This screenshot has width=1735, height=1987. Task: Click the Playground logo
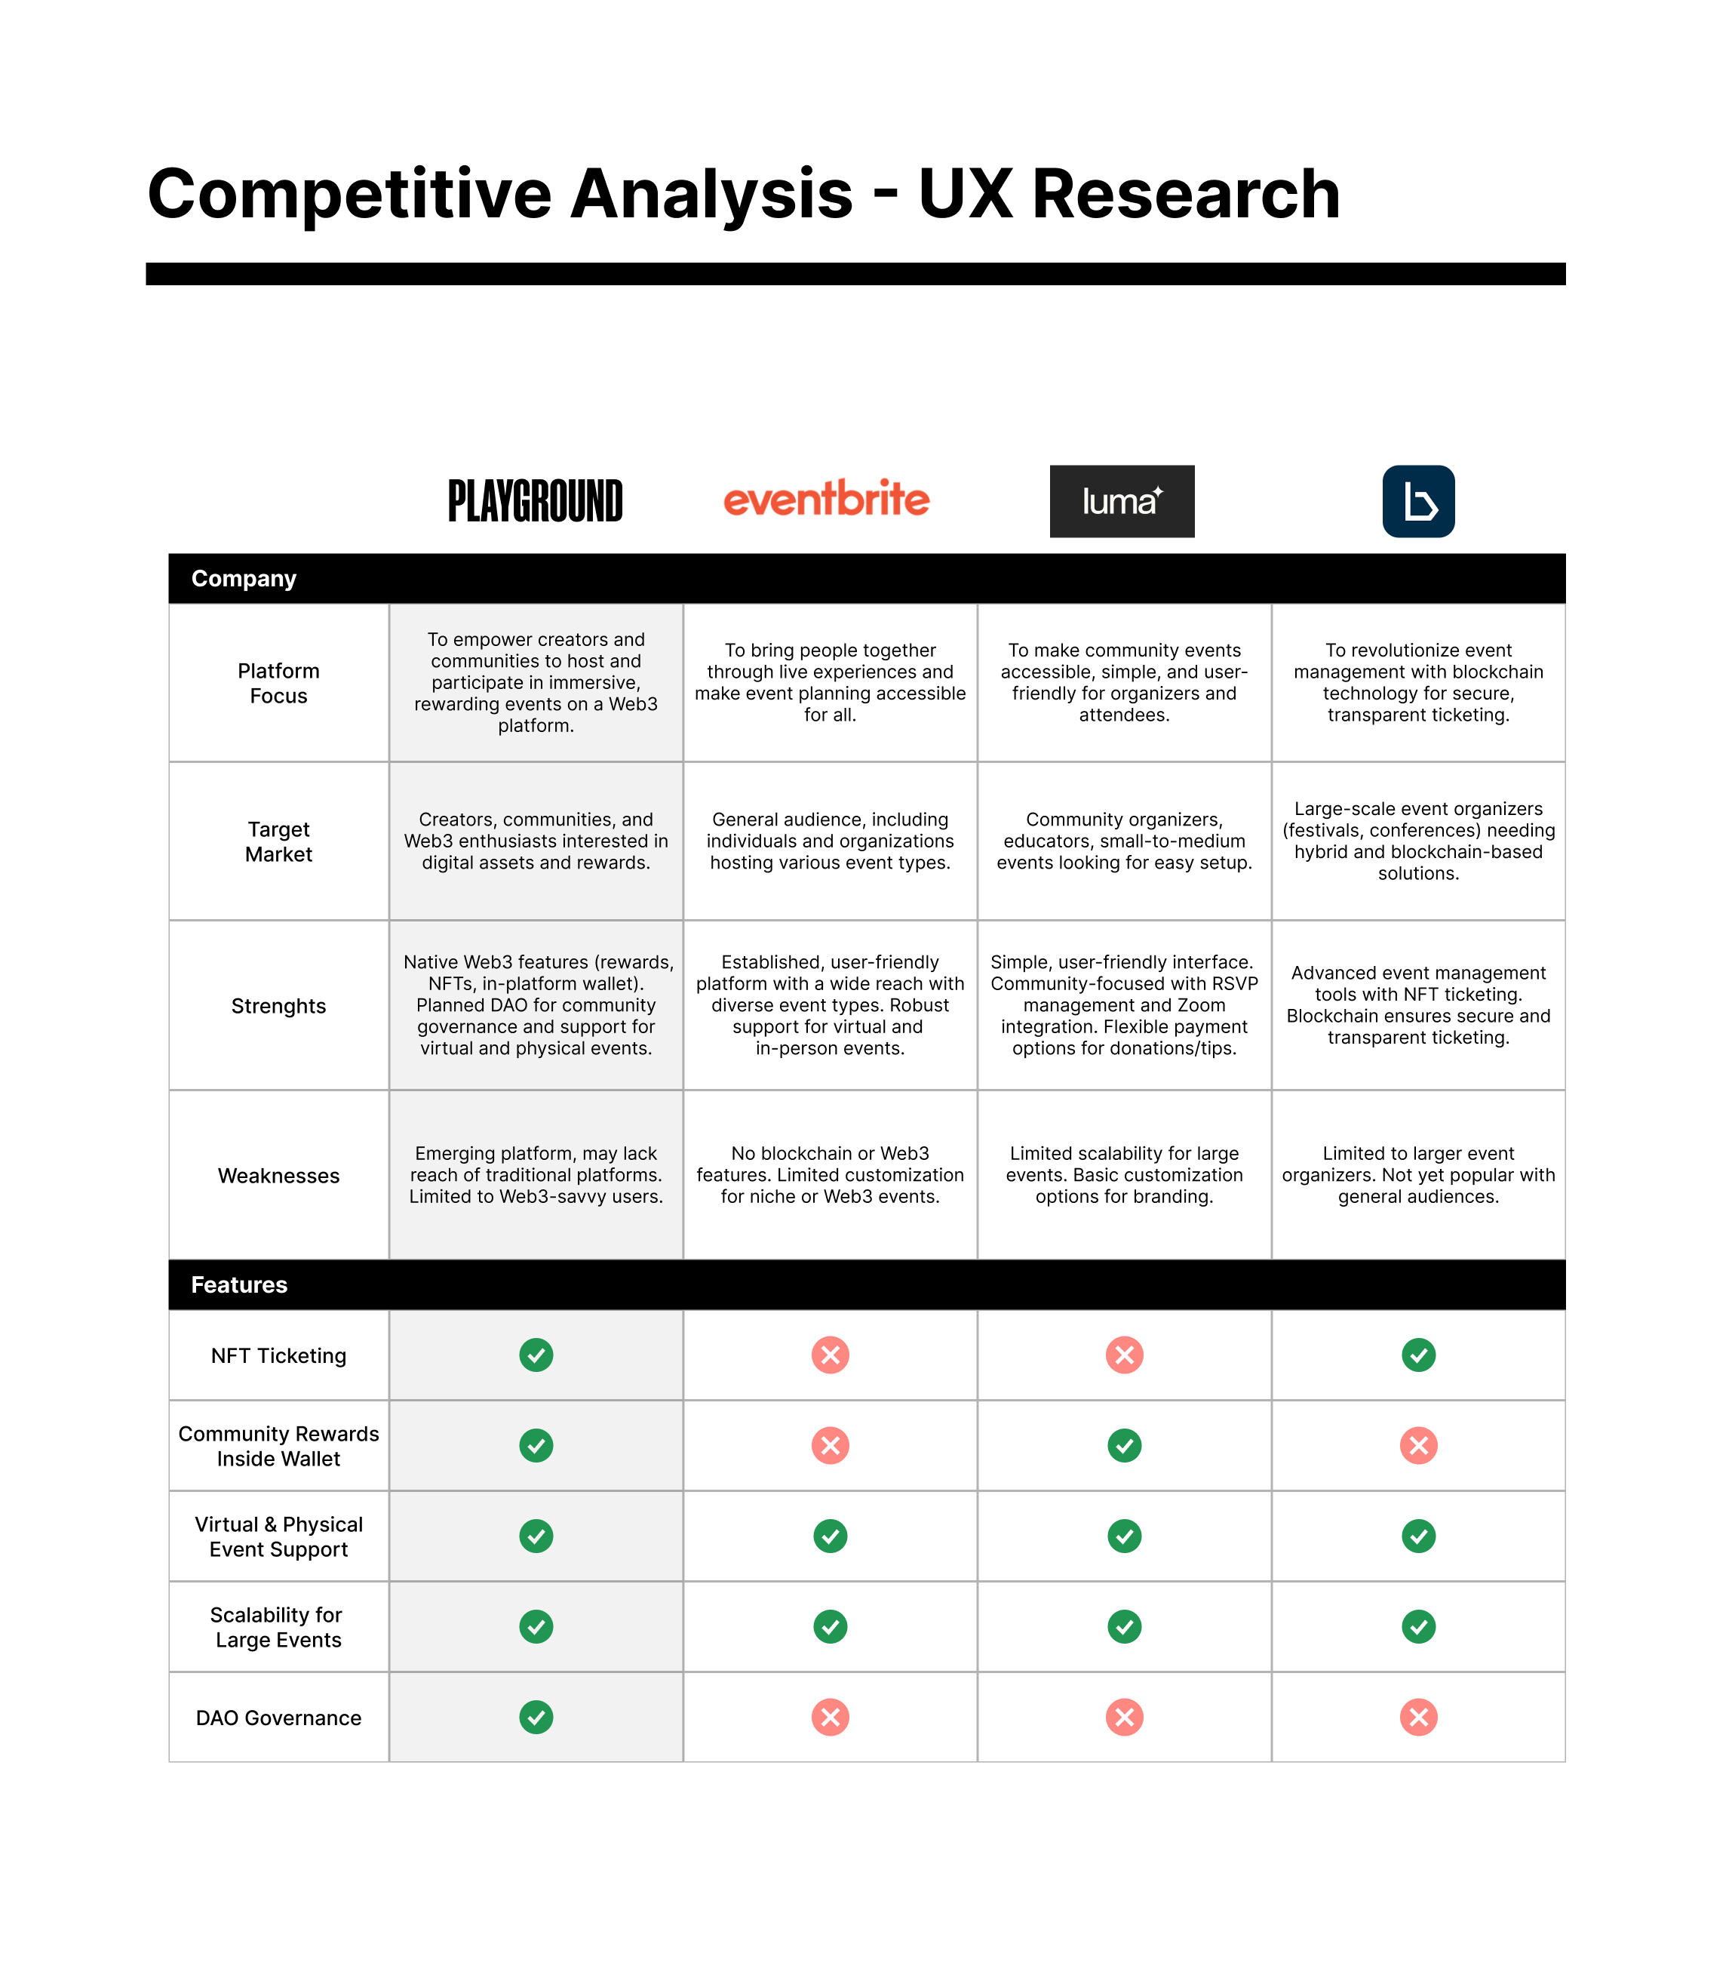coord(536,500)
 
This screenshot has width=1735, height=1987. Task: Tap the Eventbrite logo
coord(827,499)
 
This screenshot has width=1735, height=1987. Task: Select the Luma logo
coord(1122,502)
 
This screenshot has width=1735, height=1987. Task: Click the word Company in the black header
coord(244,579)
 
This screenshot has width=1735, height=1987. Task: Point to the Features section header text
coord(239,1285)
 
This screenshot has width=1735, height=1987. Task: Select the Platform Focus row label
coord(279,684)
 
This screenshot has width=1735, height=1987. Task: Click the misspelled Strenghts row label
coord(279,1006)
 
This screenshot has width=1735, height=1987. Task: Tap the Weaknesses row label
coord(279,1176)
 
